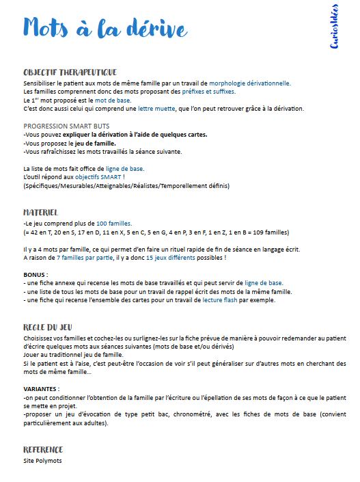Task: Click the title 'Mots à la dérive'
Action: coord(105,27)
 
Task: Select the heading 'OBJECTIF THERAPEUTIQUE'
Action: coord(70,72)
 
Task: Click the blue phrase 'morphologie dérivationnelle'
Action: coord(250,83)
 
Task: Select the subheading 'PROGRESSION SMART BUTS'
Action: coord(66,126)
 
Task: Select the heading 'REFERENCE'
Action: coord(43,449)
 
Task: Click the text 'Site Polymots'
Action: coord(42,460)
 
